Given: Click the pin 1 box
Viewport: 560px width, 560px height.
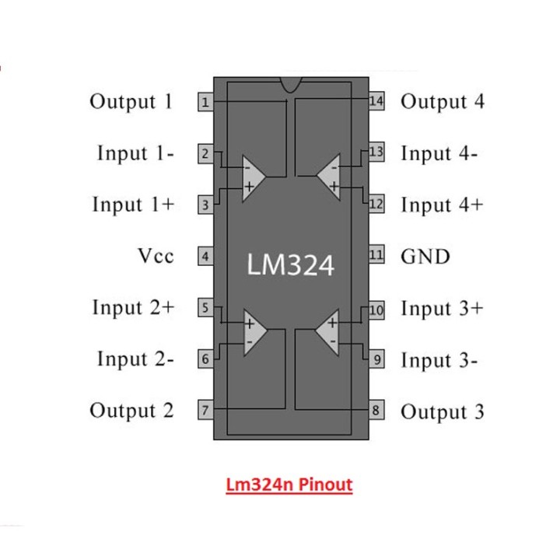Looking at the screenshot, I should pyautogui.click(x=205, y=102).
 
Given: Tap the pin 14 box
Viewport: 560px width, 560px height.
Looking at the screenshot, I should pyautogui.click(x=376, y=101).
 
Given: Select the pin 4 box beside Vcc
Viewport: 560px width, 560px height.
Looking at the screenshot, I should pyautogui.click(x=205, y=256).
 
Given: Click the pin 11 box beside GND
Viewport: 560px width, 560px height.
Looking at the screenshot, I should pyautogui.click(x=376, y=255).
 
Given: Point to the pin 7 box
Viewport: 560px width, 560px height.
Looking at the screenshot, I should pyautogui.click(x=205, y=410).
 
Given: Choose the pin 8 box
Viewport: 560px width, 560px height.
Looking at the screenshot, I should pyautogui.click(x=376, y=410).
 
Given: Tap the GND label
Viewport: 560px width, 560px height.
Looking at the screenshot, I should pyautogui.click(x=425, y=256).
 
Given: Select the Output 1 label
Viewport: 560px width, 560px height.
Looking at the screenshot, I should pyautogui.click(x=131, y=102).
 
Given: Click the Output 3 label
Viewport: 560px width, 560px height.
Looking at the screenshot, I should pyautogui.click(x=442, y=411).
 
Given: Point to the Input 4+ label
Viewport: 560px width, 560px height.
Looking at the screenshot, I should pyautogui.click(x=441, y=205).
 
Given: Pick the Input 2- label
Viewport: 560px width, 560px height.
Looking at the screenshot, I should pyautogui.click(x=135, y=359).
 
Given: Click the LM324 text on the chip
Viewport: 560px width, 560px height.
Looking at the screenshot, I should pyautogui.click(x=290, y=264).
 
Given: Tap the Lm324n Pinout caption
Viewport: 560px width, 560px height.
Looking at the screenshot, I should pyautogui.click(x=289, y=485).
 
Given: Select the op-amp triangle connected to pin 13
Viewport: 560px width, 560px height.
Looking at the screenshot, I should pyautogui.click(x=330, y=176).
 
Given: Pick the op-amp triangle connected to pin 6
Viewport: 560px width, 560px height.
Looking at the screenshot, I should pyautogui.click(x=252, y=331).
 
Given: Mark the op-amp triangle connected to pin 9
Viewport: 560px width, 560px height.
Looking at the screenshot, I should pyautogui.click(x=330, y=331).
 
